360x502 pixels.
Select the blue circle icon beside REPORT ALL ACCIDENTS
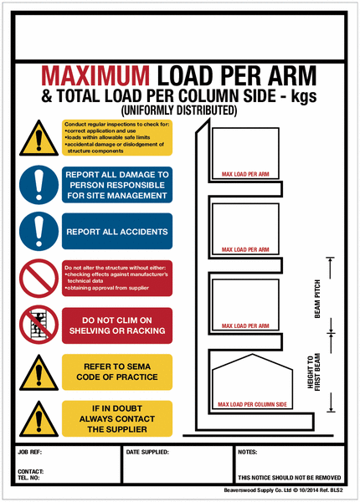[39, 230]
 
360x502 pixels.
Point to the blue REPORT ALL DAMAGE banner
[117, 184]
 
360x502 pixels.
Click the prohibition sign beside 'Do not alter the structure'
[39, 279]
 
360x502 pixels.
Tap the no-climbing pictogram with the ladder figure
[39, 325]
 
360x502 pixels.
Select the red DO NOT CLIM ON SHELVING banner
[117, 325]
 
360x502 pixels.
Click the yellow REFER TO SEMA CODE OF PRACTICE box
[117, 371]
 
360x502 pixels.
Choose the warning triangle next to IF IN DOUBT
[39, 418]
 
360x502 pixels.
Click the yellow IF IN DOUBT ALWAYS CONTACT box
[117, 418]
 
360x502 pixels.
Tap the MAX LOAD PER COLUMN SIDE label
[252, 405]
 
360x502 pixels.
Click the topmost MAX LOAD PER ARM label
[244, 175]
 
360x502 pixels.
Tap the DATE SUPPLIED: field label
[147, 452]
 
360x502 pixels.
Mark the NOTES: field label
[248, 452]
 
